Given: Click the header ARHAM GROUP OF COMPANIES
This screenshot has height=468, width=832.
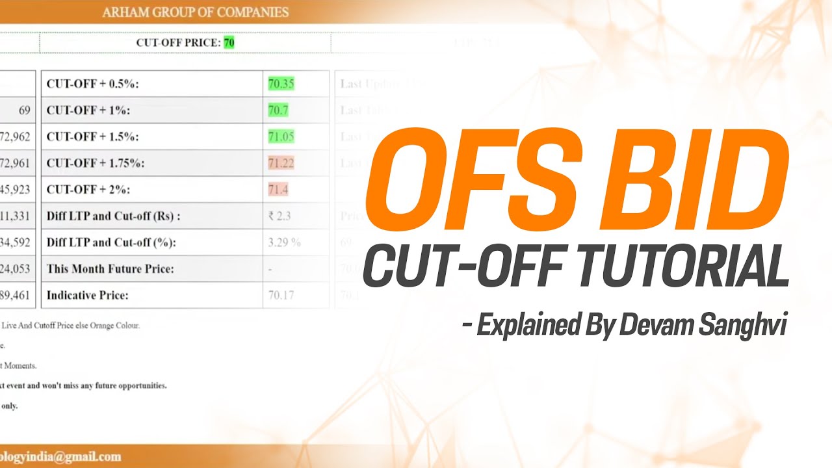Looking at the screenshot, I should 196,12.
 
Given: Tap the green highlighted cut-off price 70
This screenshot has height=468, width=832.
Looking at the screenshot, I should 229,43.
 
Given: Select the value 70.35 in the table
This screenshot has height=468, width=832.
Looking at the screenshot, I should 281,84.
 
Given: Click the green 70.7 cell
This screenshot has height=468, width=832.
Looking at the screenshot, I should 278,110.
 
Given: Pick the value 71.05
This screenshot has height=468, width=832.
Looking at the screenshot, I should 281,136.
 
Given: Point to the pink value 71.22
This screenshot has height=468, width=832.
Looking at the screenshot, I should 281,163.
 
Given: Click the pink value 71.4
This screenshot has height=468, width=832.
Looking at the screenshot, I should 278,190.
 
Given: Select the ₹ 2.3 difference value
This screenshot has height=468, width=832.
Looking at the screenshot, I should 279,216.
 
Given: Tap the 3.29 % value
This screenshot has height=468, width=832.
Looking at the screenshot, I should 284,242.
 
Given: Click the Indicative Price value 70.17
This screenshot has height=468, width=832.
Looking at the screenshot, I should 281,295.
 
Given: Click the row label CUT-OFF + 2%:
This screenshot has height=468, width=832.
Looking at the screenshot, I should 88,190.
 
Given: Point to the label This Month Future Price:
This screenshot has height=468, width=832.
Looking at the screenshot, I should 110,268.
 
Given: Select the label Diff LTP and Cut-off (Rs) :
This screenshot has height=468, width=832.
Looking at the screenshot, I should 113,216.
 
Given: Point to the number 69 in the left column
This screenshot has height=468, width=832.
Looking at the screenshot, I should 25,110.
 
